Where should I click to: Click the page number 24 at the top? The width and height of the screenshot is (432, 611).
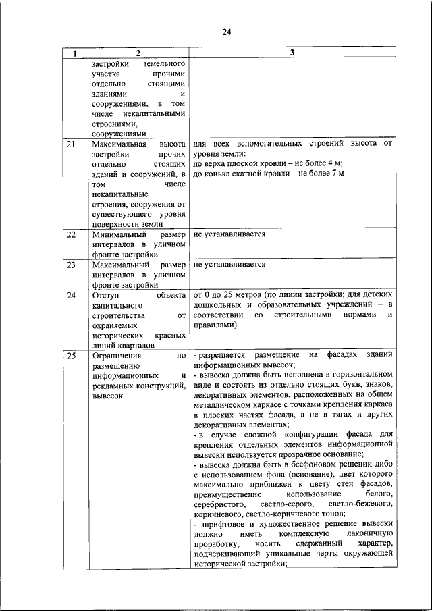point(227,32)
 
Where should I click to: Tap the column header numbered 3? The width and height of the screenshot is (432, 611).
point(292,53)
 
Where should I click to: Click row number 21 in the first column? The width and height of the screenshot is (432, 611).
point(71,144)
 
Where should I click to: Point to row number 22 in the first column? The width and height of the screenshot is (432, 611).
point(71,234)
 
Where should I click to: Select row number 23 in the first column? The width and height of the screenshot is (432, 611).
point(71,265)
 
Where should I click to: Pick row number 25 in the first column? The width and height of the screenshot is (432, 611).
point(71,355)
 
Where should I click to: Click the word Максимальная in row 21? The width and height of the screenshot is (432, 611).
point(117,144)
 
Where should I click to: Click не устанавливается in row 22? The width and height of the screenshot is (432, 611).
point(229,234)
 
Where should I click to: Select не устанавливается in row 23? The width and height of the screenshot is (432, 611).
point(229,265)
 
